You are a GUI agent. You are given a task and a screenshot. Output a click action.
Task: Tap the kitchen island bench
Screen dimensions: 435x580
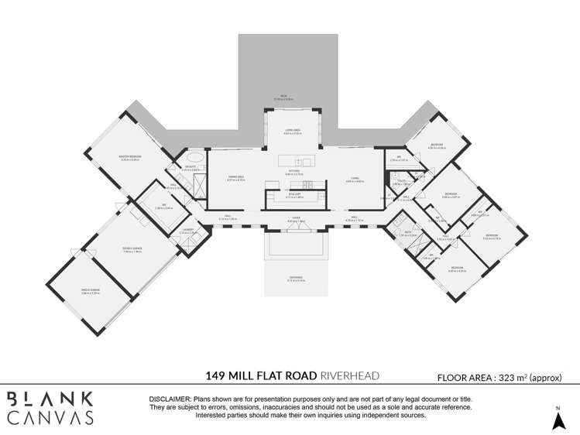295,162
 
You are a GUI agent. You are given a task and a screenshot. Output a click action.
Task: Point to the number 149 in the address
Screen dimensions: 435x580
216,376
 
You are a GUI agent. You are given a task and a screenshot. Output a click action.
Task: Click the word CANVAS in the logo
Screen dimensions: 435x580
50,417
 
